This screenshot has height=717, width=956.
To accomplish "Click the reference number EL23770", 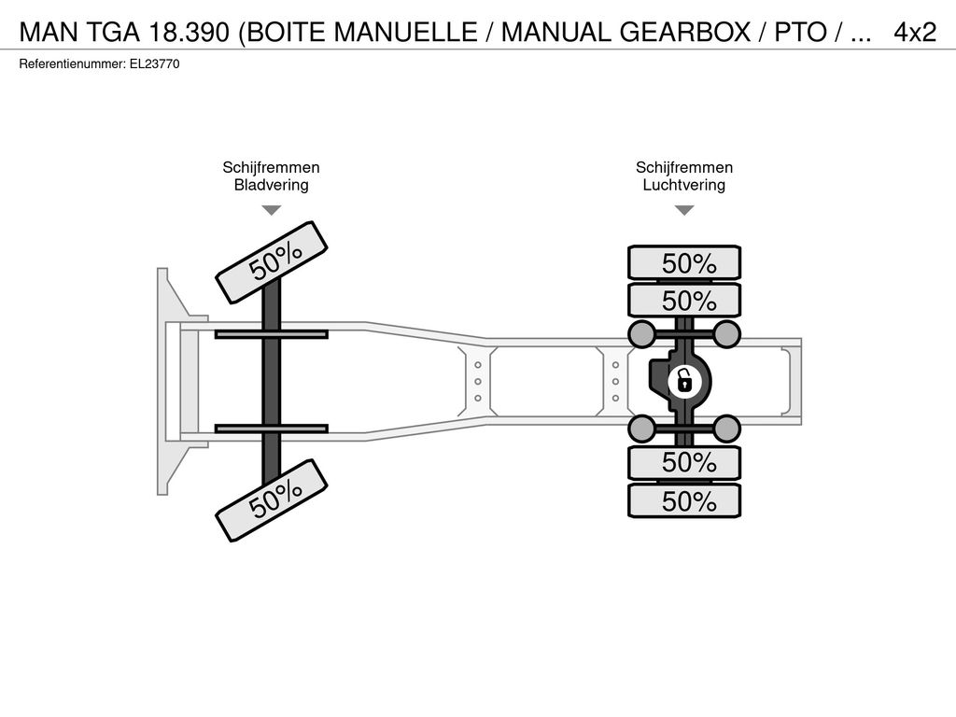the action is point(154,64).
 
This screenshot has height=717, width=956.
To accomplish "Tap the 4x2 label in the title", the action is point(915,32).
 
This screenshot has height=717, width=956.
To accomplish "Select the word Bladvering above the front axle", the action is point(272,185).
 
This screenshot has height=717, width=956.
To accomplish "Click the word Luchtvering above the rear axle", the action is point(684,185).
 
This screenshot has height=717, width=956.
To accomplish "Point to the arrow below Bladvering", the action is point(272,210).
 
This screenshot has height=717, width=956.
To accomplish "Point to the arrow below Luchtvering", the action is point(684,210).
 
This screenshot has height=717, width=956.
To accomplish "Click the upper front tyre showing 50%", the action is point(272,262).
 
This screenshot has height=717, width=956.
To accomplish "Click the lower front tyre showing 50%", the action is point(272,500).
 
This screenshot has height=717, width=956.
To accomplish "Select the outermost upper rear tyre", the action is point(684,262).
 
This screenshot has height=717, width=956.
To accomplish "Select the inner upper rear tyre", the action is point(684,300).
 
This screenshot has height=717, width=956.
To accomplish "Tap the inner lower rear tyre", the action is point(684,463).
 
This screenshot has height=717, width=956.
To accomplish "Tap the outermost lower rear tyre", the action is point(684,500).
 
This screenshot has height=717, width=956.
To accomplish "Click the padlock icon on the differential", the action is point(684,382).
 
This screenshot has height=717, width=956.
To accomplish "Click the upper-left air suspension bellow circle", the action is point(642,333).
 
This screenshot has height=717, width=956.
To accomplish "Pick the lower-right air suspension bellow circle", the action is point(726,429).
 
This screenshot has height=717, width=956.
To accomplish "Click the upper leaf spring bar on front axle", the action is point(272,334).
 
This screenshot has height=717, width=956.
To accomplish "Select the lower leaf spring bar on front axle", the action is point(272,429).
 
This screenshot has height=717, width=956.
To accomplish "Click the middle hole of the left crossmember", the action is point(478,382).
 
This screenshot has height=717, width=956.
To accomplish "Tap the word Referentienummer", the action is point(72,64).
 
